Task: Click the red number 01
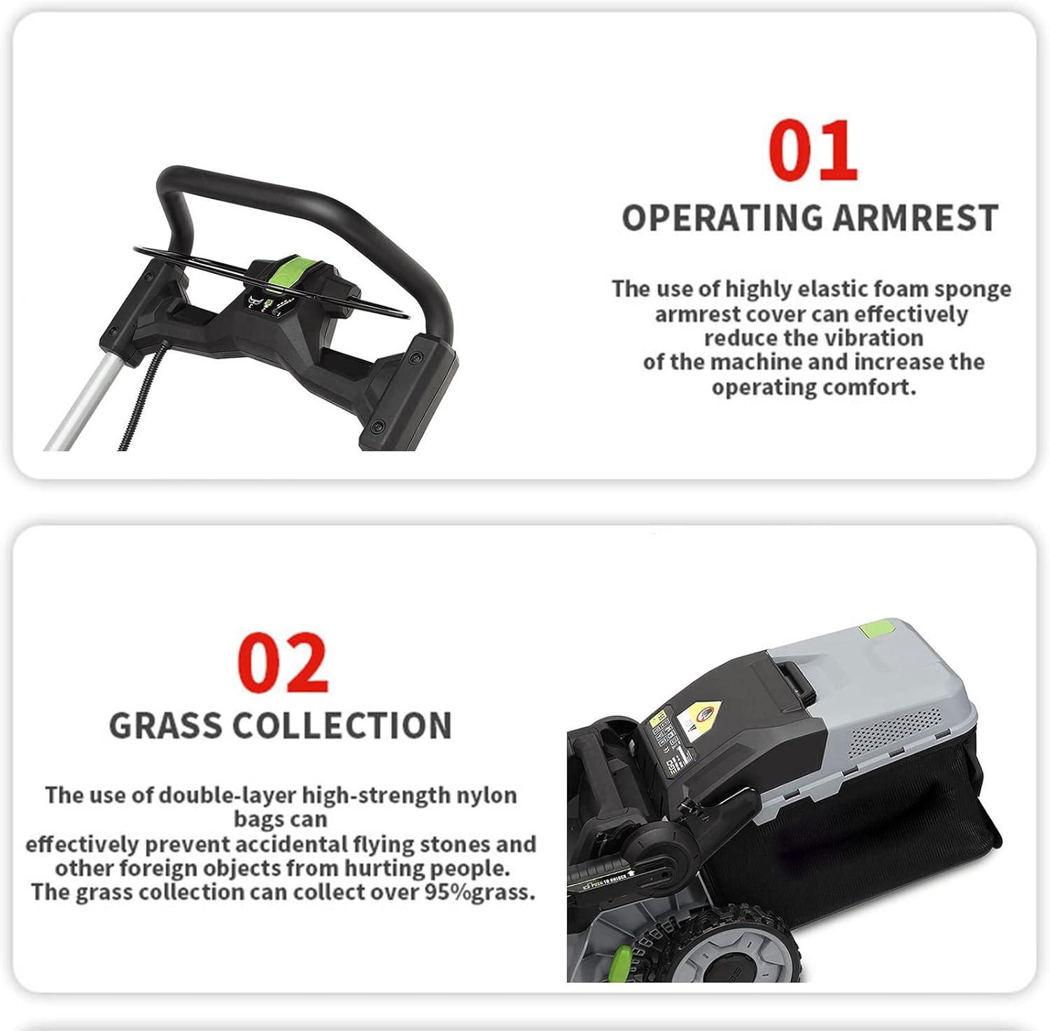[812, 150]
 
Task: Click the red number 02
[282, 662]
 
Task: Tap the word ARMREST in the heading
[915, 218]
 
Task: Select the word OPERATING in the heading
[722, 218]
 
